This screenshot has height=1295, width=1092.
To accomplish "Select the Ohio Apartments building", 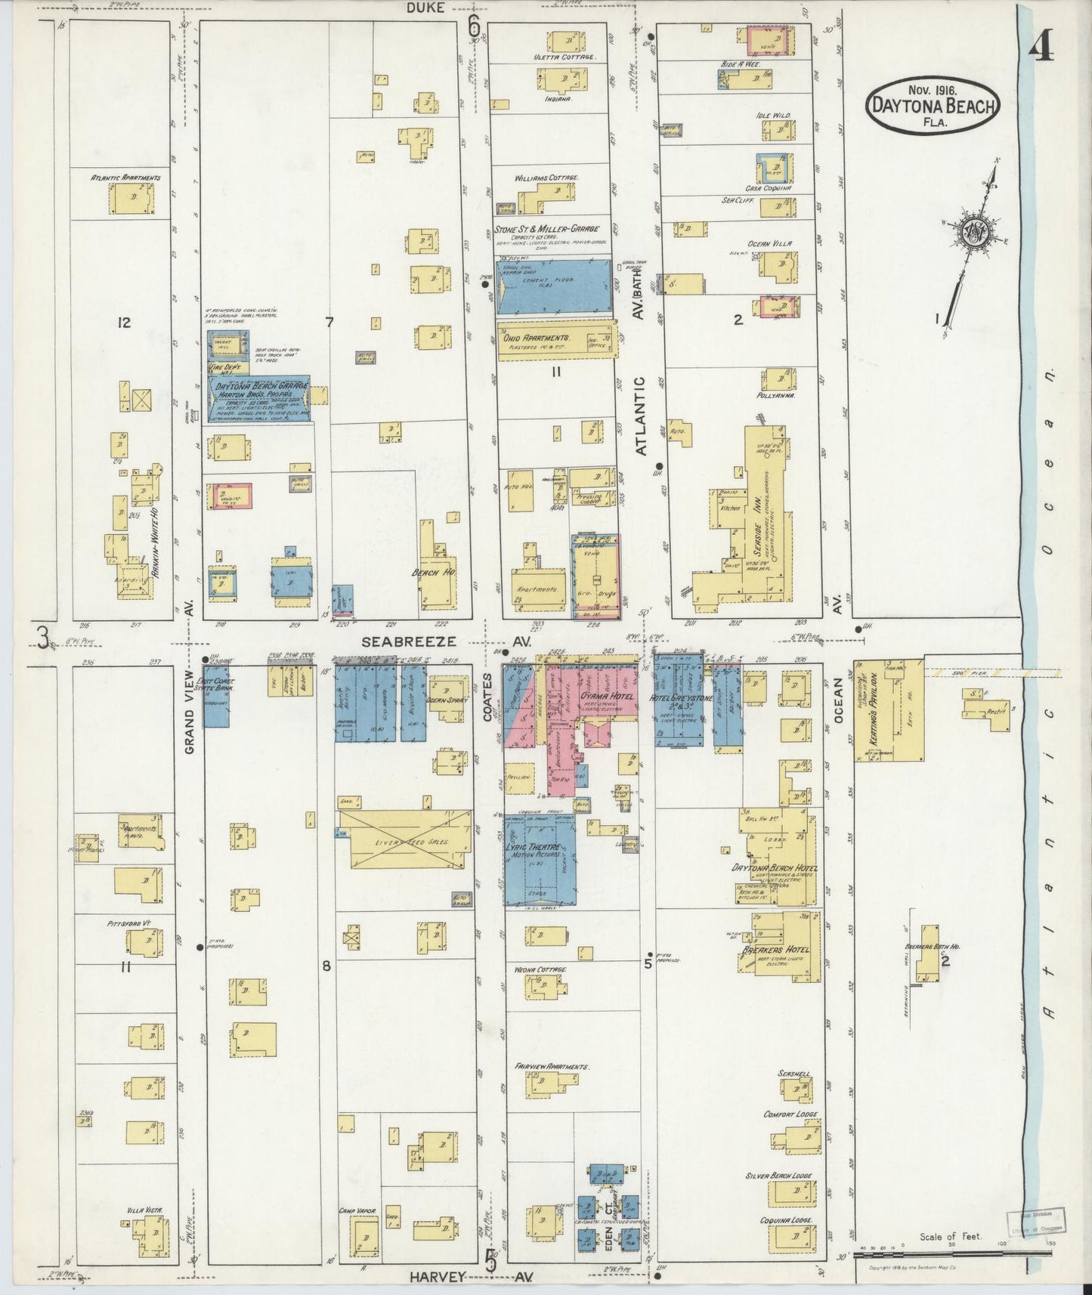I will pos(555,338).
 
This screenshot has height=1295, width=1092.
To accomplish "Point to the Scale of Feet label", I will pos(950,1237).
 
